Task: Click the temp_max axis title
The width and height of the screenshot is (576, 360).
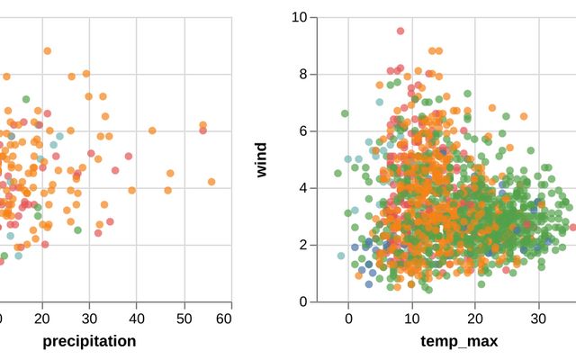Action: coord(459,341)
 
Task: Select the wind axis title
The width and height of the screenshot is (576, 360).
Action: coord(262,158)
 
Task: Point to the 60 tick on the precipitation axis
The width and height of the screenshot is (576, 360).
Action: coord(230,318)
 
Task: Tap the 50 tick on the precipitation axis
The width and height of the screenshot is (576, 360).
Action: coord(184,318)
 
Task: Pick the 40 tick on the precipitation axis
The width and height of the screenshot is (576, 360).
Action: coord(137,318)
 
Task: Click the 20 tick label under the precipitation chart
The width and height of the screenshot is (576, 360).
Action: coord(42,318)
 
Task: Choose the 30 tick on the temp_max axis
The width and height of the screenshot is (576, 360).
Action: coord(538,318)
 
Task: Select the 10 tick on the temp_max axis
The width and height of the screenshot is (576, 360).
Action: coord(411,318)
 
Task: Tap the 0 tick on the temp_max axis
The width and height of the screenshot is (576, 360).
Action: coord(348,318)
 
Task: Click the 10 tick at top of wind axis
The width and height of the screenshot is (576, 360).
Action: coord(301,16)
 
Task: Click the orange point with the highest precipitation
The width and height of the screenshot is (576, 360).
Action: coord(211,182)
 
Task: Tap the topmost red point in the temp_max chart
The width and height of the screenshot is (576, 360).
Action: coord(401,31)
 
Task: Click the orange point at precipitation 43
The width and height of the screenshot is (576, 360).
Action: coord(152,130)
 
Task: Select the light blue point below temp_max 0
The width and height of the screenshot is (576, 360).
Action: coord(341,256)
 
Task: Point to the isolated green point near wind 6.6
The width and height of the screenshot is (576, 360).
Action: coord(345,113)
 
